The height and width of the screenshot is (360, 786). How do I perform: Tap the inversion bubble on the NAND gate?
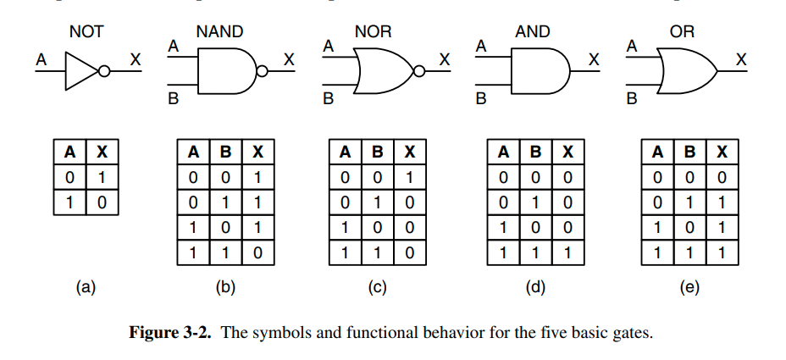click(262, 72)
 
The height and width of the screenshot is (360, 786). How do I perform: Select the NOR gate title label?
click(373, 32)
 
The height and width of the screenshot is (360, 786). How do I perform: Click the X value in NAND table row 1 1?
click(257, 252)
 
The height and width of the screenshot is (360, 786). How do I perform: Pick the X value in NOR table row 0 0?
click(410, 178)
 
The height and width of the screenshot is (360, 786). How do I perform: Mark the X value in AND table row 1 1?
click(567, 252)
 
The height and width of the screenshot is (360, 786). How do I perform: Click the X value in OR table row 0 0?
click(721, 178)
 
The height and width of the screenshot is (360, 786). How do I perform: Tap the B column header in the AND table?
click(535, 152)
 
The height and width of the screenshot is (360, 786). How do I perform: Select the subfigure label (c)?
click(377, 287)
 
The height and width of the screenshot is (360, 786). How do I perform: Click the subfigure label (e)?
click(689, 287)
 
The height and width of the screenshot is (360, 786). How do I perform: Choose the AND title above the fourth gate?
click(532, 32)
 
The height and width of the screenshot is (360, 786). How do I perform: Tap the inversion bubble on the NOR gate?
click(418, 72)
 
